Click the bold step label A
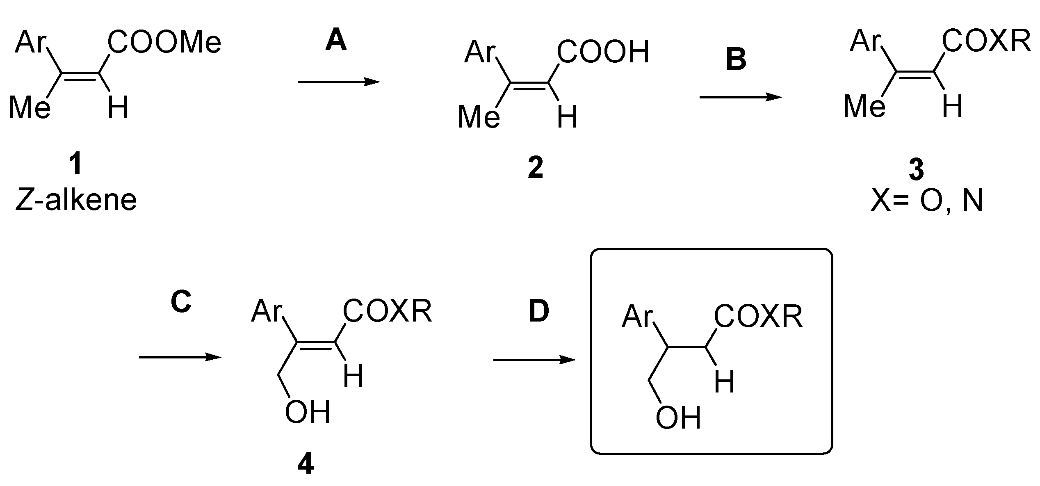pos(336,42)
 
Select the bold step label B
pos(736,59)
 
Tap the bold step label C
pos(181,302)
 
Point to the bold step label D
pos(538,311)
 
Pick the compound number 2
pos(536,168)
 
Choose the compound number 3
pos(916,170)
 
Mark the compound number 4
pos(306,464)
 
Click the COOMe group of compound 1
pos(164,43)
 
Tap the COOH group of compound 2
pos(603,52)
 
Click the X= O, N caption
pos(926,201)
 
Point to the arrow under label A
pos(339,82)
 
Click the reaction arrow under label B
pos(740,97)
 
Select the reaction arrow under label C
pos(180,357)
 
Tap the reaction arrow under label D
pos(534,360)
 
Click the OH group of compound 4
pos(308,412)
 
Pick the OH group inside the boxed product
pos(678,418)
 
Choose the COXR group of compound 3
pos(986,42)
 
